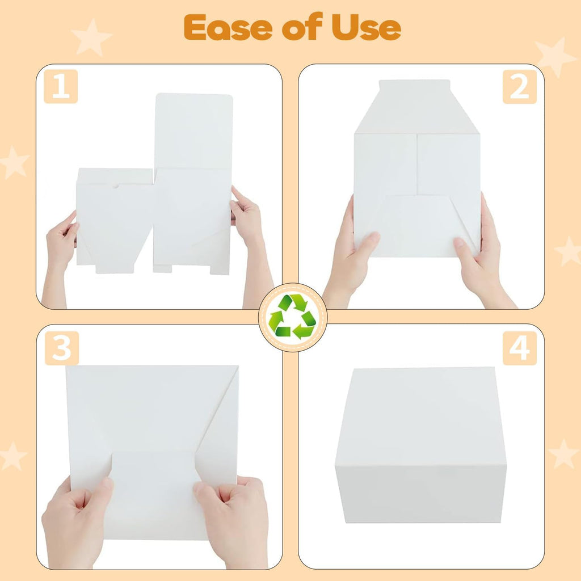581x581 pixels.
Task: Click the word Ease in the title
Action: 228,28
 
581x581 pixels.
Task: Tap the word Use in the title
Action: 366,28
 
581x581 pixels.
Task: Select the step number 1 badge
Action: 61,86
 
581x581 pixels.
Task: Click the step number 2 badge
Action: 520,86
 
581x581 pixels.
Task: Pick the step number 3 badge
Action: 61,348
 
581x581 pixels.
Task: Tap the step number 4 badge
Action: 520,348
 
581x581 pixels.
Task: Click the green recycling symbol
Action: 292,317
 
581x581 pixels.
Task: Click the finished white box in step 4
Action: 420,445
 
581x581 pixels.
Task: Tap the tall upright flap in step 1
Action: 193,131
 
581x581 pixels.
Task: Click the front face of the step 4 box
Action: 420,494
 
